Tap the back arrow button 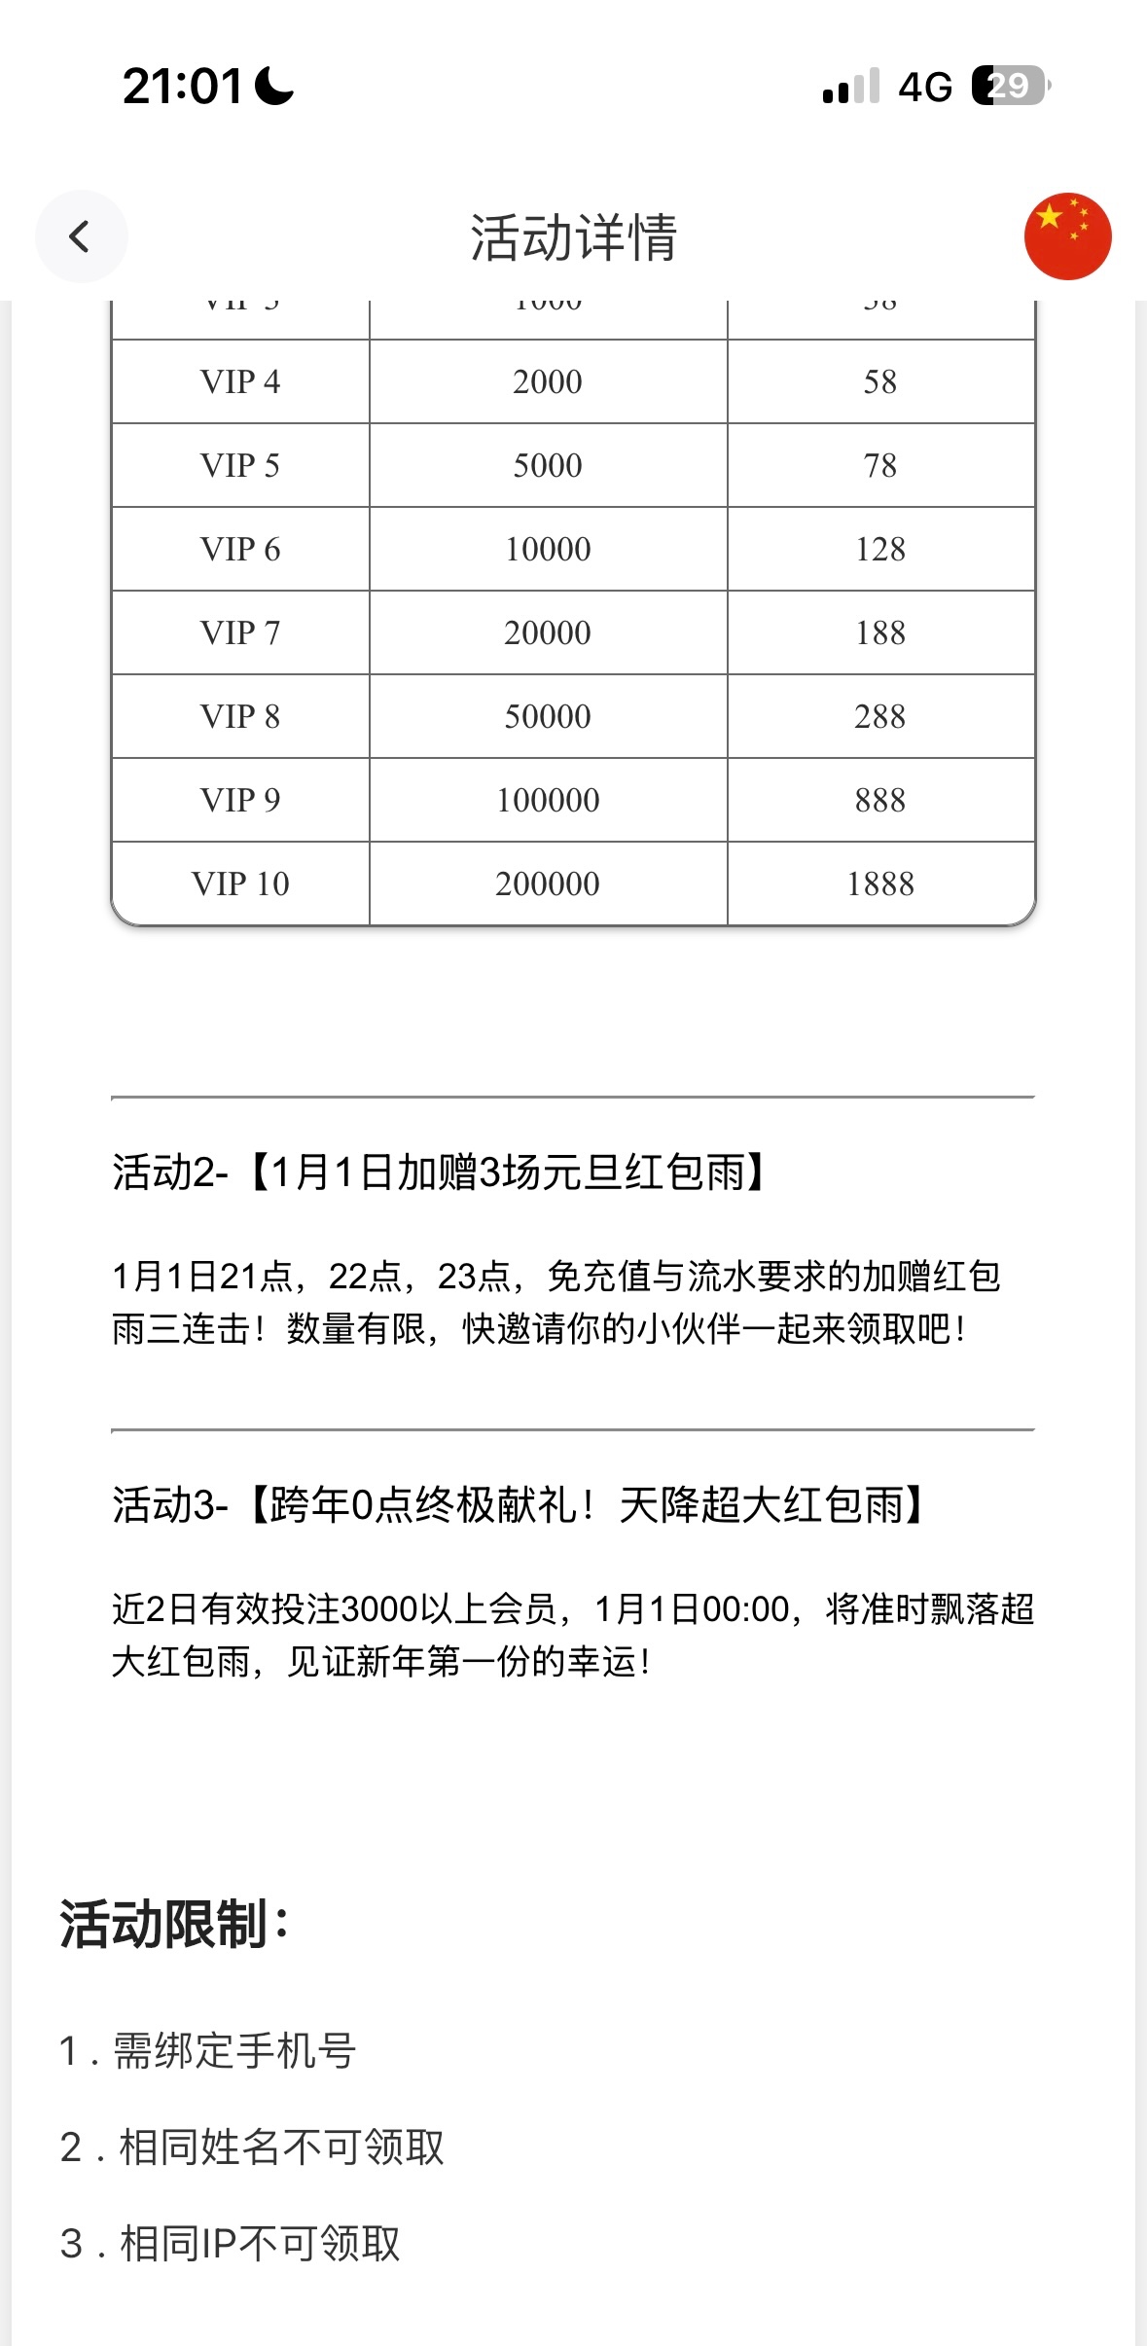[81, 236]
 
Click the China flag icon [1067, 236]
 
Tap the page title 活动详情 [573, 237]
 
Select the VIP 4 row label [240, 381]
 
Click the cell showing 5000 [548, 465]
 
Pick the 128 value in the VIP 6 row [880, 549]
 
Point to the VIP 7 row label [240, 632]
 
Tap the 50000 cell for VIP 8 [548, 716]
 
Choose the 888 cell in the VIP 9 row [880, 800]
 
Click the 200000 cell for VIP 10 [548, 884]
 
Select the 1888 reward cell [880, 884]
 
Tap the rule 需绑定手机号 [233, 2050]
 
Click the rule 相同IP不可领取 [259, 2243]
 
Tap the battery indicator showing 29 [1010, 86]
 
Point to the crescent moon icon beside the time [273, 86]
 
